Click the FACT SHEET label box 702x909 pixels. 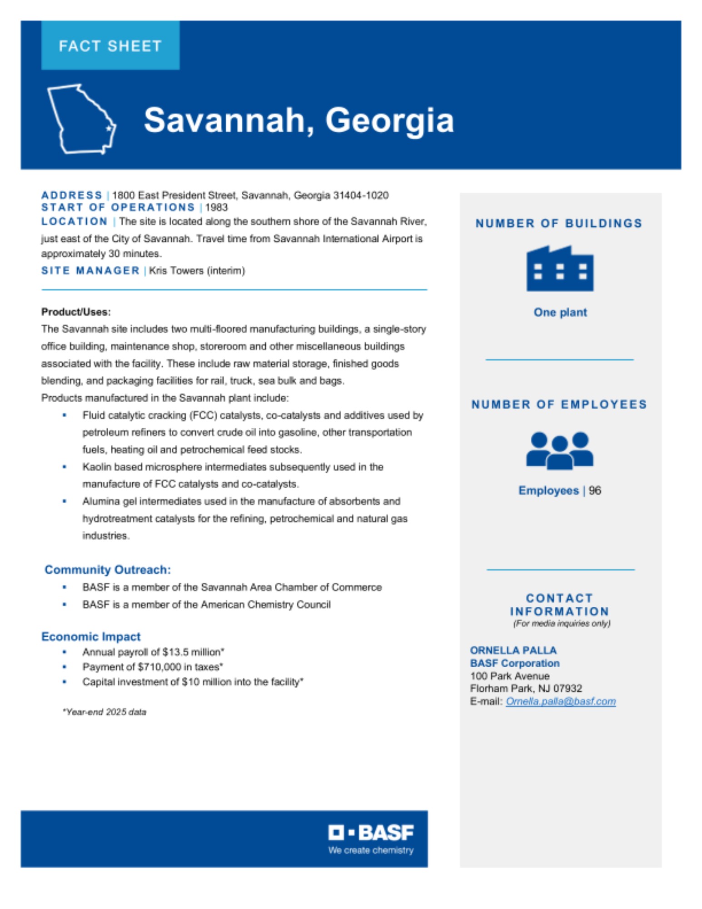pos(110,45)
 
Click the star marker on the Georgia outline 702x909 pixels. pos(109,129)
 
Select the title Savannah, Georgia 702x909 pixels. pos(299,120)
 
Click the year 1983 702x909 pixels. pos(216,208)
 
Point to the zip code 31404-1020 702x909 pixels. pos(361,195)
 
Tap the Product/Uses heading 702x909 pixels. pos(76,312)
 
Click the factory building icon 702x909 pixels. pos(559,269)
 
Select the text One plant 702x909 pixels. pos(560,312)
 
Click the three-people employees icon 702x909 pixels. pos(559,450)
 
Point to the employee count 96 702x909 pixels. pos(594,490)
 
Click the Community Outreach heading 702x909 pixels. pos(108,569)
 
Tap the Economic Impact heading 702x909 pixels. pos(91,636)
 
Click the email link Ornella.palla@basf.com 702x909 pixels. pos(561,701)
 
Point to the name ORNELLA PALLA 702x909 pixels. pos(513,650)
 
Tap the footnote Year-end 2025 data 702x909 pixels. pos(105,712)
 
